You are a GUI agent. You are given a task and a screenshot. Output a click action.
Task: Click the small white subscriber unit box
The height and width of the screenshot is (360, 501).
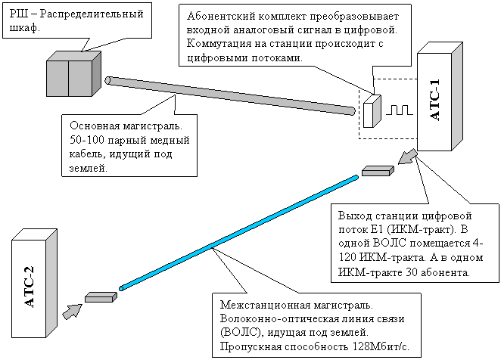[372, 111]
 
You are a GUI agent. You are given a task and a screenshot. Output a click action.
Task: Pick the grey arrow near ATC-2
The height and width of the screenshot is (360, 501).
[70, 310]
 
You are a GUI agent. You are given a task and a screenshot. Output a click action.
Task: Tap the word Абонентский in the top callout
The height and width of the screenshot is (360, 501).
[220, 16]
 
